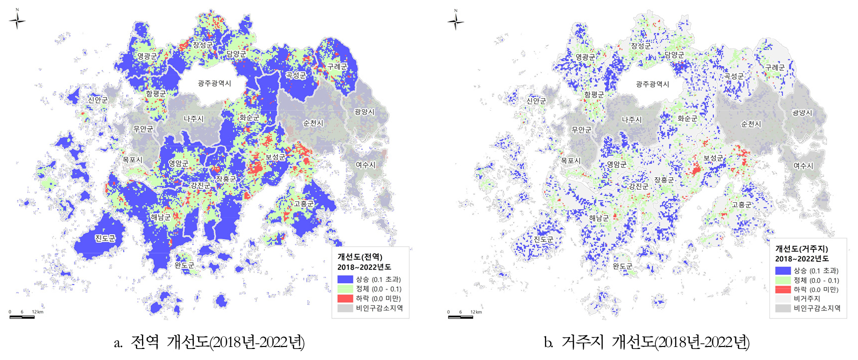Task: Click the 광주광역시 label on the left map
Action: point(214,83)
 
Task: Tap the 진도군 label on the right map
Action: point(543,239)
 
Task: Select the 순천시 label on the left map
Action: point(313,123)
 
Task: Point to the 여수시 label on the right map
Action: point(803,166)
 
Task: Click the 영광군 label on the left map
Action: point(147,56)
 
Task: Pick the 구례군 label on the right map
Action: point(775,67)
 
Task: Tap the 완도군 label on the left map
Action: point(184,265)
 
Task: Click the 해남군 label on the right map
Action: point(599,218)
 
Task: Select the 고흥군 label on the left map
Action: point(303,204)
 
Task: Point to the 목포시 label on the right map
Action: point(571,161)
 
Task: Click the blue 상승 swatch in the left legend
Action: point(345,279)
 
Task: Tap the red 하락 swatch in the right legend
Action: point(783,289)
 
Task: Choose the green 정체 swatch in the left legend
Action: point(345,289)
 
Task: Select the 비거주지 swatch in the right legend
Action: point(783,299)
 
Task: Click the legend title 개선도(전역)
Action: point(359,257)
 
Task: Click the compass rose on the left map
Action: point(18,21)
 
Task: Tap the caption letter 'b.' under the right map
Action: point(549,342)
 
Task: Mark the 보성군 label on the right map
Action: point(713,158)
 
